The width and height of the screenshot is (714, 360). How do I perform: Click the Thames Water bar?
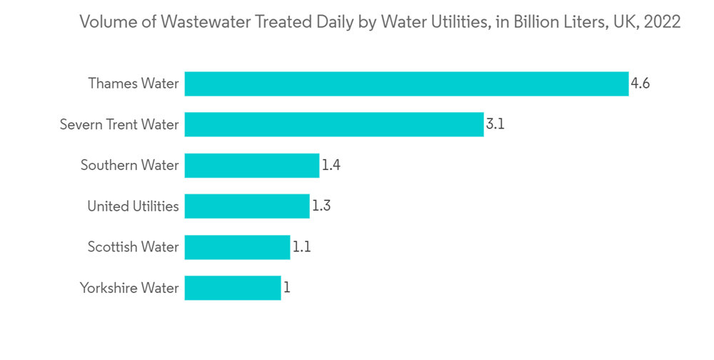pyautogui.click(x=406, y=84)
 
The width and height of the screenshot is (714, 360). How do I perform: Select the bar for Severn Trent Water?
pyautogui.click(x=334, y=124)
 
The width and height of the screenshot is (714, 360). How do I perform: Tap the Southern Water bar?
pyautogui.click(x=251, y=166)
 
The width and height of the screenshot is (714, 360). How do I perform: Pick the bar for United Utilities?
pyautogui.click(x=247, y=206)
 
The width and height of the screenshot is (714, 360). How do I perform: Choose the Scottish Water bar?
pyautogui.click(x=237, y=247)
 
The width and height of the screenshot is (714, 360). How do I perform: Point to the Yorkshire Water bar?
pyautogui.click(x=233, y=289)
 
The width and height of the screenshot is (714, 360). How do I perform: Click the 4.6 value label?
pyautogui.click(x=640, y=84)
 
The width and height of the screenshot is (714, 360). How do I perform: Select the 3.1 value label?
pyautogui.click(x=496, y=124)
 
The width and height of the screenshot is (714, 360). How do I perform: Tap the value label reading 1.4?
pyautogui.click(x=331, y=166)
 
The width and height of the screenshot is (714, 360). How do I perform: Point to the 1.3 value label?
pyautogui.click(x=321, y=206)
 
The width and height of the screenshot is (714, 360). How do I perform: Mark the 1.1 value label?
pyautogui.click(x=301, y=247)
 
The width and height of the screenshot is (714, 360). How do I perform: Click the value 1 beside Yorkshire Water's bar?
pyautogui.click(x=287, y=289)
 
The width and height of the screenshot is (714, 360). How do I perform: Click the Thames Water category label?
pyautogui.click(x=134, y=84)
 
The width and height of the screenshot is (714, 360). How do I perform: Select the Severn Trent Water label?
pyautogui.click(x=119, y=124)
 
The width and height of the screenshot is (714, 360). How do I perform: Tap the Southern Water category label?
pyautogui.click(x=129, y=166)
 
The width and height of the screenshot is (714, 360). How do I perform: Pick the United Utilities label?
pyautogui.click(x=133, y=206)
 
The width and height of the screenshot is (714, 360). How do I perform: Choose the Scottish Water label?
pyautogui.click(x=133, y=247)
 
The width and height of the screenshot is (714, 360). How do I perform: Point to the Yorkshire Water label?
pyautogui.click(x=129, y=289)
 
